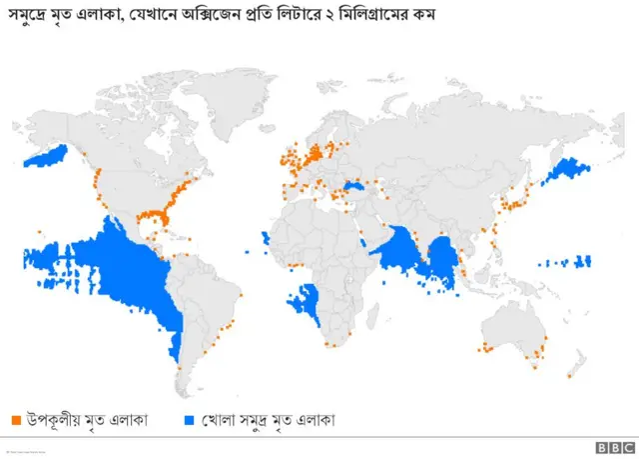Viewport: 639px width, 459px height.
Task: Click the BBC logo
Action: (x=608, y=447)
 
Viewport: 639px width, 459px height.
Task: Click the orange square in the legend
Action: (x=16, y=420)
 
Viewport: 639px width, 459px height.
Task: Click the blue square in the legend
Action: (x=191, y=420)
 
